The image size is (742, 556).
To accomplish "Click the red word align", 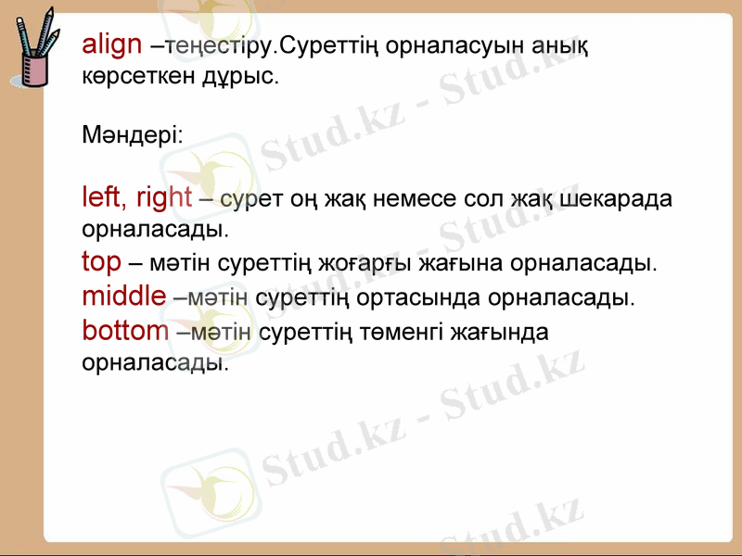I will tap(111, 44).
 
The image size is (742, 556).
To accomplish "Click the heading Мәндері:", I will tap(132, 135).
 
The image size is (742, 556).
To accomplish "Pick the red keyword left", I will tap(102, 196).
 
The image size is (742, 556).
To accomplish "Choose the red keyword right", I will tap(164, 196).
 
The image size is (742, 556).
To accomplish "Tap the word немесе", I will tap(403, 198).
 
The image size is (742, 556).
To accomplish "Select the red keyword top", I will tap(100, 263).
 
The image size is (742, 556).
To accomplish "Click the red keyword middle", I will tap(123, 297).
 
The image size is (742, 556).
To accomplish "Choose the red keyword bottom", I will tap(125, 330).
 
